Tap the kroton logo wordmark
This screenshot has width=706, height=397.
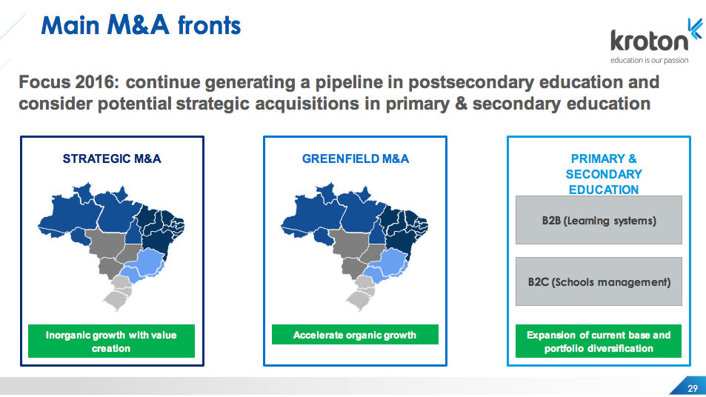(x=649, y=41)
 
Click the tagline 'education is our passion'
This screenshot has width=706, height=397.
(x=649, y=60)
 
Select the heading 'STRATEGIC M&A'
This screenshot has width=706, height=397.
(x=112, y=159)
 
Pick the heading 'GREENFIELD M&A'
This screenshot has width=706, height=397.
(x=356, y=159)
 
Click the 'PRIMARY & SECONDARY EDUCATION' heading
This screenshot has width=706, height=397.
(x=603, y=174)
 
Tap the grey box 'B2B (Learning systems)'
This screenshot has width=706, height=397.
(x=599, y=220)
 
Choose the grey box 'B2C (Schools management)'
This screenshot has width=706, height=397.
(x=599, y=281)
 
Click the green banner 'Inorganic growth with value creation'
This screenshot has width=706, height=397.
(x=111, y=341)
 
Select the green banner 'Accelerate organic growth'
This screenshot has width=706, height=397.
(x=355, y=335)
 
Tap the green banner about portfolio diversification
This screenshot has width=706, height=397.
(x=599, y=341)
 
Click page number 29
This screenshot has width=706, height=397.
(x=693, y=388)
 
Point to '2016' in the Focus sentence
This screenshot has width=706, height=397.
(x=97, y=82)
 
